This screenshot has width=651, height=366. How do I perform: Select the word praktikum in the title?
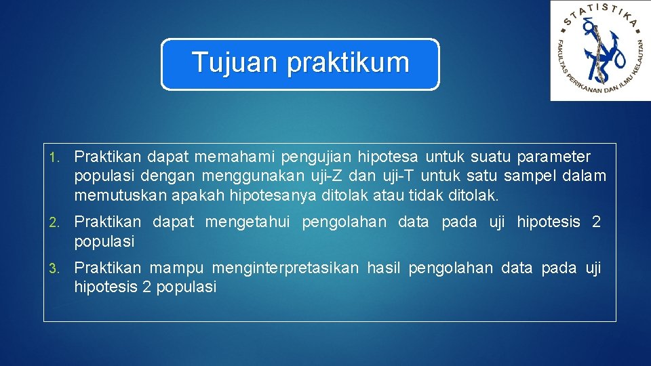pos(349,63)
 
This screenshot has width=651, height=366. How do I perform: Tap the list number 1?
pos(54,158)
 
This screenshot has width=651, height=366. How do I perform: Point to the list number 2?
pos(54,222)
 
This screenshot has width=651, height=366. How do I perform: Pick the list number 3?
pos(54,268)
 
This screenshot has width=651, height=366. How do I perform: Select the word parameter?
pos(553,157)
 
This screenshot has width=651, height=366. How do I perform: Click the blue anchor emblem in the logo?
pos(601,50)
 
